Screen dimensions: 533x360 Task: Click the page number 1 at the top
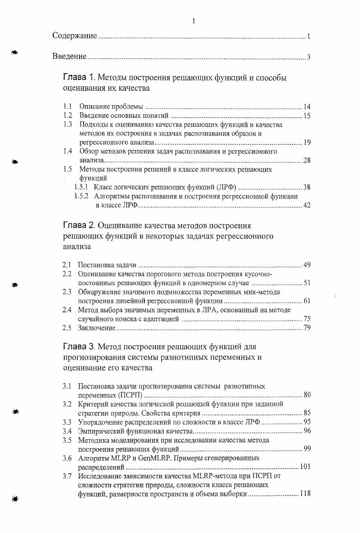[x=193, y=21]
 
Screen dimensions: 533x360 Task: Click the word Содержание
[x=75, y=36]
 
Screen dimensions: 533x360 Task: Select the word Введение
[x=69, y=56]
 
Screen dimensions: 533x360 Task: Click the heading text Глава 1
[x=79, y=78]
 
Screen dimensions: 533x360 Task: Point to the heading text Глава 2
[x=79, y=225]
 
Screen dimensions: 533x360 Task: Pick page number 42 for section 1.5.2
[x=307, y=206]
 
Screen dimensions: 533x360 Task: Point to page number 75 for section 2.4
[x=307, y=319]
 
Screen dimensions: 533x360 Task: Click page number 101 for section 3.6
[x=305, y=467]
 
